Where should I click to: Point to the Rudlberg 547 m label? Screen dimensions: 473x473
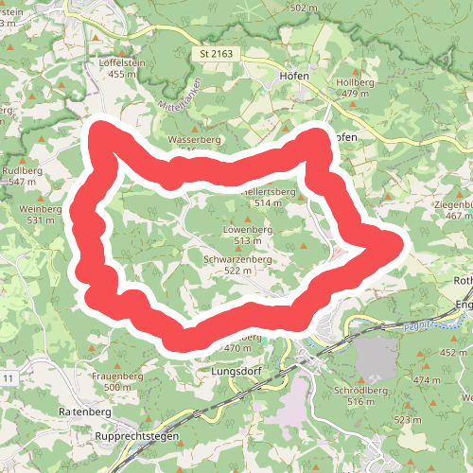[x=24, y=175]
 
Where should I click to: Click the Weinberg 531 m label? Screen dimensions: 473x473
[x=41, y=214]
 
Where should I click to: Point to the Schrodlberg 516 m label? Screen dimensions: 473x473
[x=361, y=395]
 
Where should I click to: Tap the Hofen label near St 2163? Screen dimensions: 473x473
[x=295, y=76]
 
